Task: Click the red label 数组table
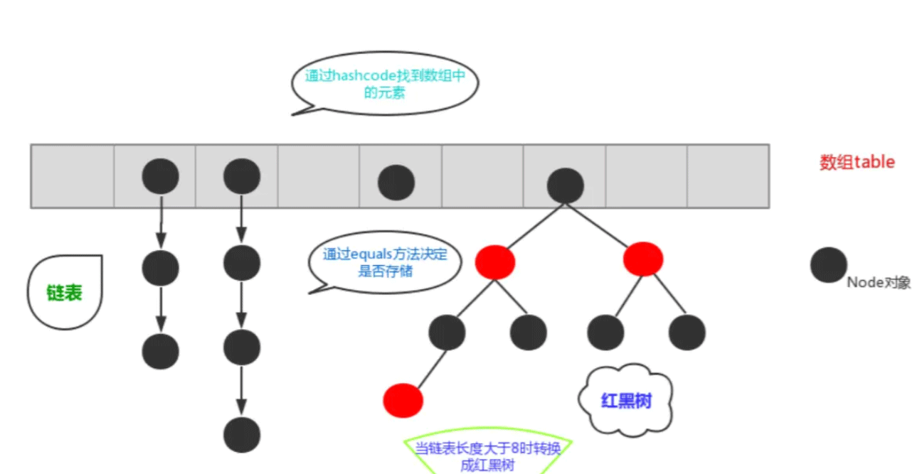857,162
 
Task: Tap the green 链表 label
64,293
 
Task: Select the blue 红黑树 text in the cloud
625,401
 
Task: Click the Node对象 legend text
878,282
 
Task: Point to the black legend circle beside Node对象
829,265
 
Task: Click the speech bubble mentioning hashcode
384,84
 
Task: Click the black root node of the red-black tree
566,186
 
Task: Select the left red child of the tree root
495,262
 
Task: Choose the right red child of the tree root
643,259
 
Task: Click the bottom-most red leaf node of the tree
403,399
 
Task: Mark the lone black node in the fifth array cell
396,182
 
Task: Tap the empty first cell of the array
72,176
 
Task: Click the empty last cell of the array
728,176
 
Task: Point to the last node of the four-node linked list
242,435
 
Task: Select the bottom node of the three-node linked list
161,351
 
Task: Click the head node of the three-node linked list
161,176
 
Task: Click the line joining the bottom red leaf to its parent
427,367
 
